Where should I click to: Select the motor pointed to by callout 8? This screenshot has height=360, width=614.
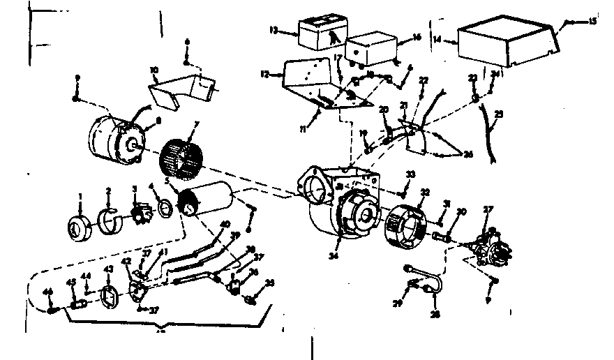coord(116,137)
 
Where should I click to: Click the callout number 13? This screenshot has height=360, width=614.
coord(274,29)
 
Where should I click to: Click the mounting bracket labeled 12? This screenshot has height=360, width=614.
coord(307,80)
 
